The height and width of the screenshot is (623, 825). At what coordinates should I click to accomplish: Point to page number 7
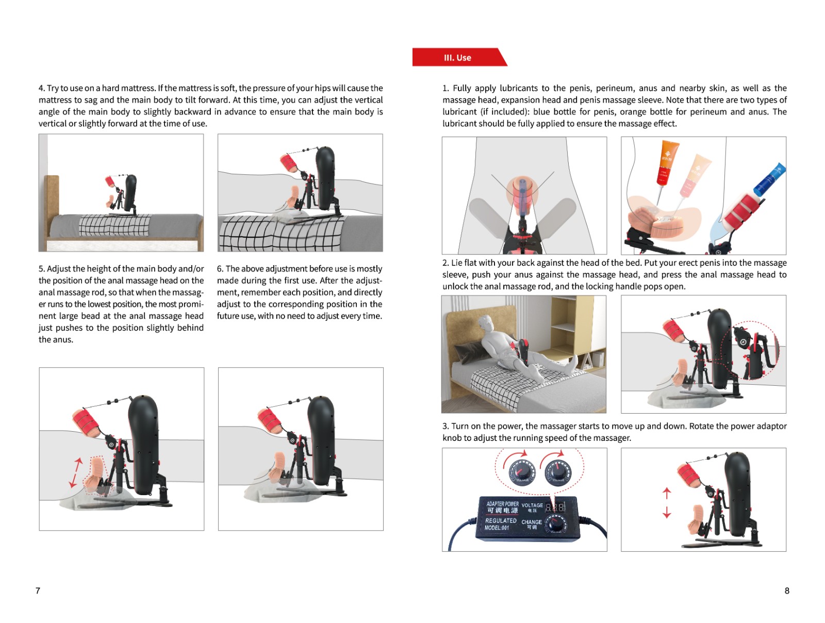point(38,591)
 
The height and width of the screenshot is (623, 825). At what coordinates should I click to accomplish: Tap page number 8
point(787,591)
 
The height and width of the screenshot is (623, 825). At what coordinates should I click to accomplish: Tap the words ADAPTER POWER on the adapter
point(502,503)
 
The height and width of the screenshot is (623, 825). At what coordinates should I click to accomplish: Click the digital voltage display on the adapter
point(555,507)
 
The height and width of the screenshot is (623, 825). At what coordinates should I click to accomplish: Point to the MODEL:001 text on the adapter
point(497,528)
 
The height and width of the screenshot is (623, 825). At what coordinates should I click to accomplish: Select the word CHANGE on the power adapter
point(532,522)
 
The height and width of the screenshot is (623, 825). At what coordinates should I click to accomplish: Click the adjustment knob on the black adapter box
point(555,523)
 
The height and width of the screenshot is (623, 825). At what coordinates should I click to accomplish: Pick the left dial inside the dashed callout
point(521,471)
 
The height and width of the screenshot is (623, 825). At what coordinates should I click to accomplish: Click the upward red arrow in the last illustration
point(666,493)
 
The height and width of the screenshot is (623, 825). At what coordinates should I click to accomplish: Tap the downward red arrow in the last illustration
point(666,512)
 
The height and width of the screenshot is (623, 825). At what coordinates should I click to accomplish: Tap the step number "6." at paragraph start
point(220,268)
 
